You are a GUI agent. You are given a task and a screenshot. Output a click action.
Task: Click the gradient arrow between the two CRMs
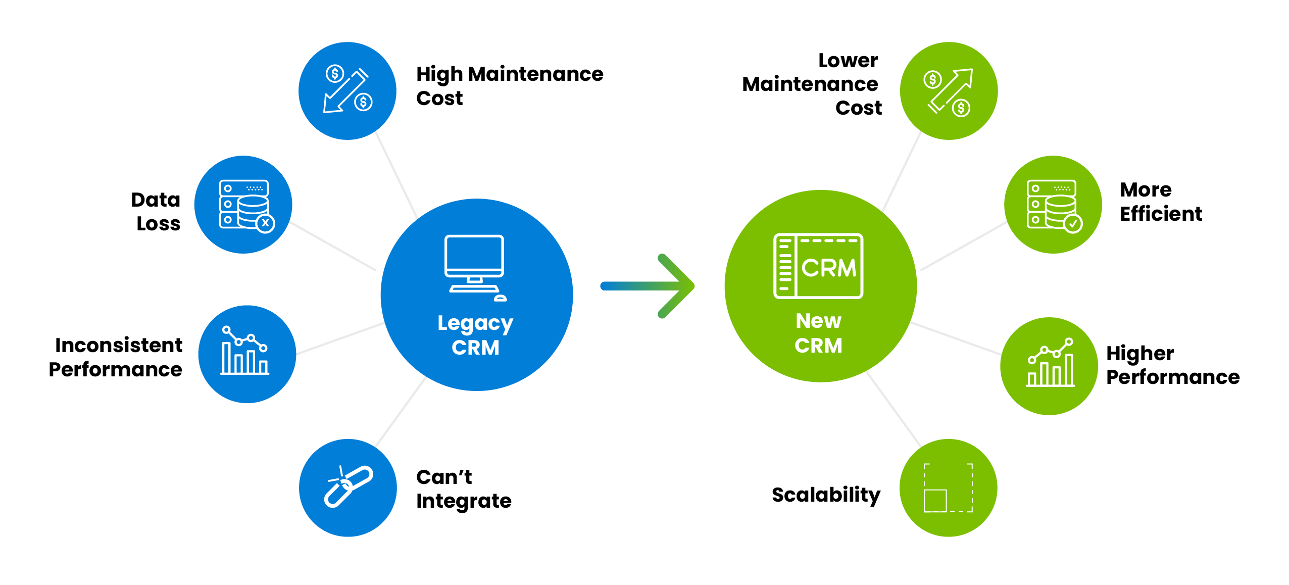[x=649, y=286]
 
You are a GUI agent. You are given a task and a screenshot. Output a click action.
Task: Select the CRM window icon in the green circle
[x=818, y=266]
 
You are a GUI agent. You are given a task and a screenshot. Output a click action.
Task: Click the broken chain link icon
[x=348, y=486]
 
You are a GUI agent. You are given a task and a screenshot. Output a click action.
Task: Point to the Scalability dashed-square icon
[x=948, y=487]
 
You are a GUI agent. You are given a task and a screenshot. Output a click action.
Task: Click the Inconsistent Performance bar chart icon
[x=245, y=351]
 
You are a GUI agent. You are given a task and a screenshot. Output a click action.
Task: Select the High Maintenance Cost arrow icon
[x=348, y=90]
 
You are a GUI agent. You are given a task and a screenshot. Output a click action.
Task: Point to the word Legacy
[x=475, y=323]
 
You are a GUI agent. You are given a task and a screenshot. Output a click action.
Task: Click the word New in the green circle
[x=819, y=321]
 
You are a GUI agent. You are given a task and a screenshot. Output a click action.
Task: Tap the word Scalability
[x=826, y=495]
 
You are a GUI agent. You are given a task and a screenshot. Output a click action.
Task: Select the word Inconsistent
[x=119, y=346]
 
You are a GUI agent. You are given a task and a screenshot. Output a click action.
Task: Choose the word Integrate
[x=464, y=501]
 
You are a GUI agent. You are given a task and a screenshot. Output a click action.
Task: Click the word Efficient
[x=1161, y=214]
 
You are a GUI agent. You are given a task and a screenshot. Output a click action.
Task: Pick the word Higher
[x=1139, y=354]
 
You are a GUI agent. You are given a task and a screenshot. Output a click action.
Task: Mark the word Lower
[x=848, y=61]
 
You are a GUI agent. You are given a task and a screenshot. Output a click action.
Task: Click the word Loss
[x=159, y=224]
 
